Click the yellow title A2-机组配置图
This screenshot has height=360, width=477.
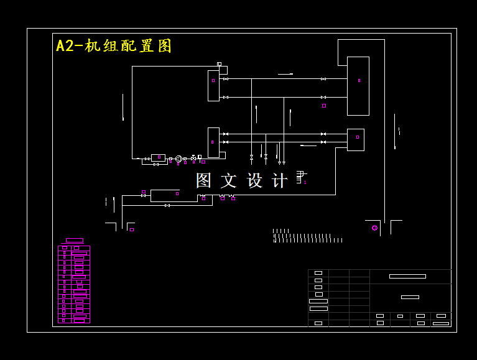(114, 46)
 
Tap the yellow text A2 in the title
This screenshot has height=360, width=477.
(65, 46)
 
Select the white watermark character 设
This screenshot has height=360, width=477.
(255, 180)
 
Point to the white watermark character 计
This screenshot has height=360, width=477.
(280, 180)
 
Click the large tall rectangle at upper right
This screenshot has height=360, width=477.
(358, 86)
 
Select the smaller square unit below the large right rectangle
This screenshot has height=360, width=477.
(356, 139)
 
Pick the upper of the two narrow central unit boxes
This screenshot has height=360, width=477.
(213, 85)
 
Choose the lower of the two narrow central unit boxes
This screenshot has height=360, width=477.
(213, 142)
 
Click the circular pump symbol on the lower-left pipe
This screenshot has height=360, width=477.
(178, 159)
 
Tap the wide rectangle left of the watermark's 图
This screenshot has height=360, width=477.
(165, 195)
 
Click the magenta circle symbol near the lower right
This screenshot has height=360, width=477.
(374, 228)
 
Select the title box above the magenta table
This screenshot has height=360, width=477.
(75, 240)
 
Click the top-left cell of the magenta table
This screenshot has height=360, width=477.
(64, 247)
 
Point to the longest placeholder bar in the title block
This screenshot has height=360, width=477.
(407, 276)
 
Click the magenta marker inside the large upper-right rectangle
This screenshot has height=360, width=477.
(359, 80)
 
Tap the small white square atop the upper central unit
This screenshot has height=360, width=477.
(219, 64)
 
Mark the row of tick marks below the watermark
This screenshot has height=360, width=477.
(307, 237)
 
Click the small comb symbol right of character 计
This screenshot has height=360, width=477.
(299, 177)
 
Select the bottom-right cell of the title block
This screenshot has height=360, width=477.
(440, 323)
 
